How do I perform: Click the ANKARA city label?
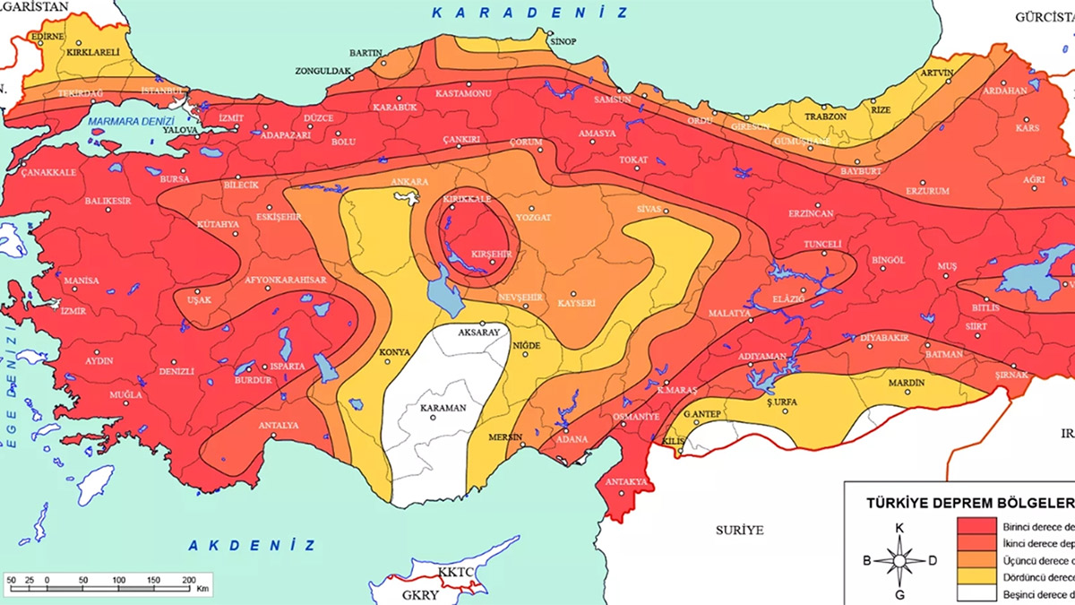[x=410, y=182]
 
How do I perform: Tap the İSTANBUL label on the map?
[x=163, y=91]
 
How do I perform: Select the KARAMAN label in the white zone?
[x=444, y=408]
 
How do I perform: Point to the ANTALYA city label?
[x=278, y=425]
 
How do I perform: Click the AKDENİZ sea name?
[x=253, y=544]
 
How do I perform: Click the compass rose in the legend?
[x=899, y=561]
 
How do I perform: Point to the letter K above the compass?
[x=899, y=528]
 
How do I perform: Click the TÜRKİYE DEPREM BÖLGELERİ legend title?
[x=968, y=502]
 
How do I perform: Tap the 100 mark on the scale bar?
[x=120, y=580]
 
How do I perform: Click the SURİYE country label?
[x=739, y=530]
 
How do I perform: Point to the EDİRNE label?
[x=47, y=37]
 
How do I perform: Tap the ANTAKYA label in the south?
[x=626, y=482]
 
